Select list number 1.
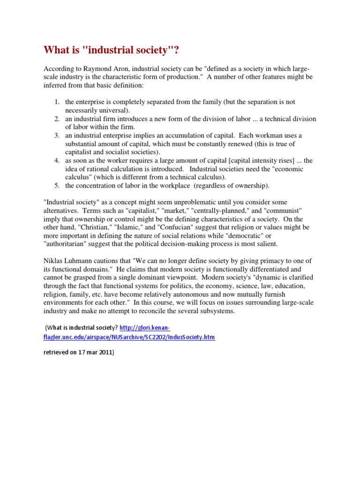56,102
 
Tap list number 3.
56,135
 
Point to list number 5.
56,186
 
